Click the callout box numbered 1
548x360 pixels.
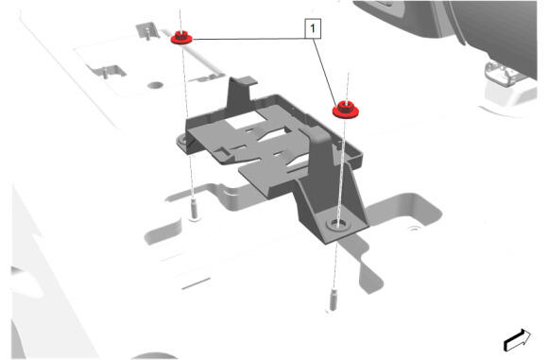[313, 28]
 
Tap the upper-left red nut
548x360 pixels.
[181, 37]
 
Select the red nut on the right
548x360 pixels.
[346, 110]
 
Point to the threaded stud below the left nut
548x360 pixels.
[195, 210]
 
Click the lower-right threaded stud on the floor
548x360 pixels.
[334, 300]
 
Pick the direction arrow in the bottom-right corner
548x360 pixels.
[517, 340]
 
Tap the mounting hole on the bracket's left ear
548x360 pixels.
[182, 142]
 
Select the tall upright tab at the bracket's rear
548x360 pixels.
[241, 90]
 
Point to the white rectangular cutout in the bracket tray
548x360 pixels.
[245, 119]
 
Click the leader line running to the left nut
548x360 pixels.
[248, 39]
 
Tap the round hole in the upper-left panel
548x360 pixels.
[156, 85]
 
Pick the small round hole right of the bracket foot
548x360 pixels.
[414, 229]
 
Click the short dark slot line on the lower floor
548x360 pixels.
[197, 283]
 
